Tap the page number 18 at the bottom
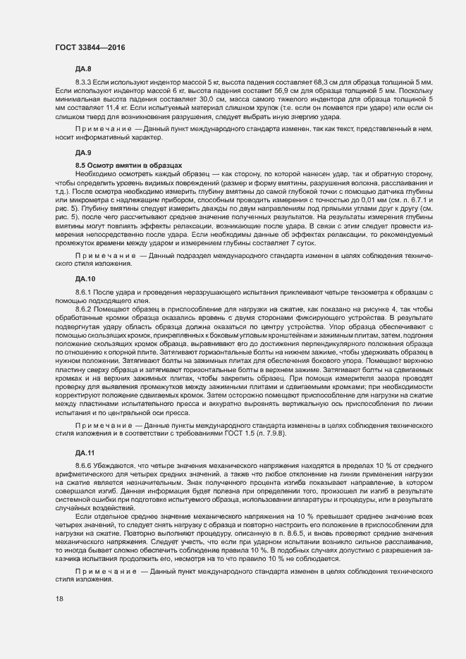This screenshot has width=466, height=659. tap(59, 598)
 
